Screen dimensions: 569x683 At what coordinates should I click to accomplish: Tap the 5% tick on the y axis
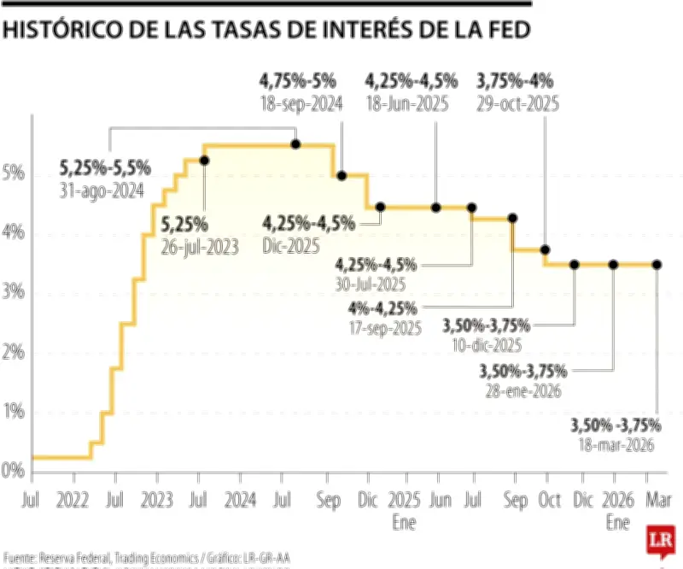click(13, 173)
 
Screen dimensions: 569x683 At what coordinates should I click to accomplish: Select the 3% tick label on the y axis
click(13, 292)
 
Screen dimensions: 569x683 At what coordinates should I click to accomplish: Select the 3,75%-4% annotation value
click(517, 82)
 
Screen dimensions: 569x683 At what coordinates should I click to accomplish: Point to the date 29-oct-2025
click(517, 103)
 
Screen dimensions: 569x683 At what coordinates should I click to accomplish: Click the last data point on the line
click(657, 265)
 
